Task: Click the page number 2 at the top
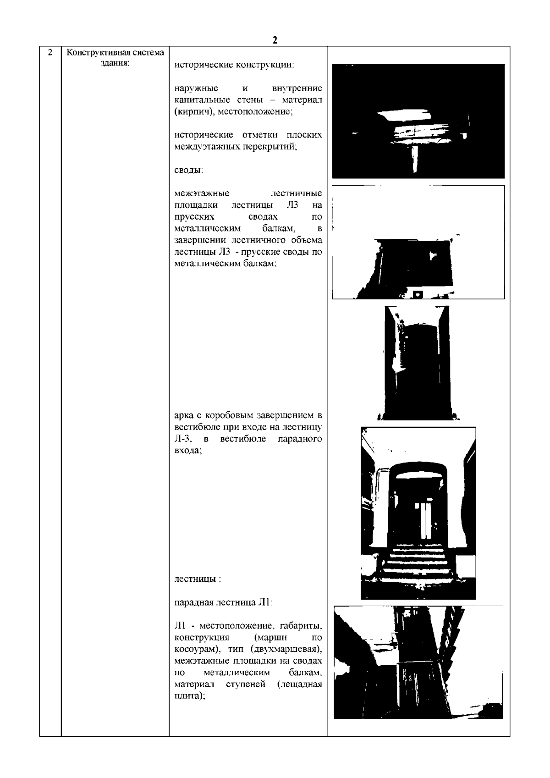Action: point(275,40)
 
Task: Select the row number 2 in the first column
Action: point(50,52)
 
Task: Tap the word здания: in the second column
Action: point(115,63)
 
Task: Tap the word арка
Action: point(185,416)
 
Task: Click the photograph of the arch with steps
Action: point(418,513)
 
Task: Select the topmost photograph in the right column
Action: point(418,121)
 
